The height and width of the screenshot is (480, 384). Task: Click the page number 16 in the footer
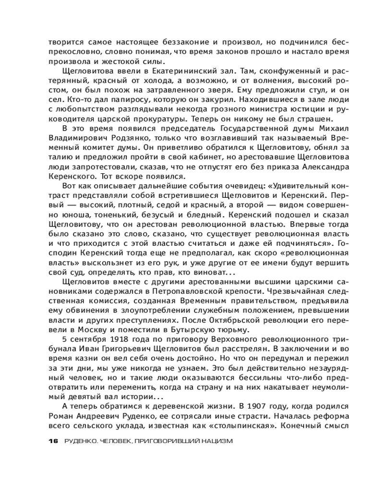53,442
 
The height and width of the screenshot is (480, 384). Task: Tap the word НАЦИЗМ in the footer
216,442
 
